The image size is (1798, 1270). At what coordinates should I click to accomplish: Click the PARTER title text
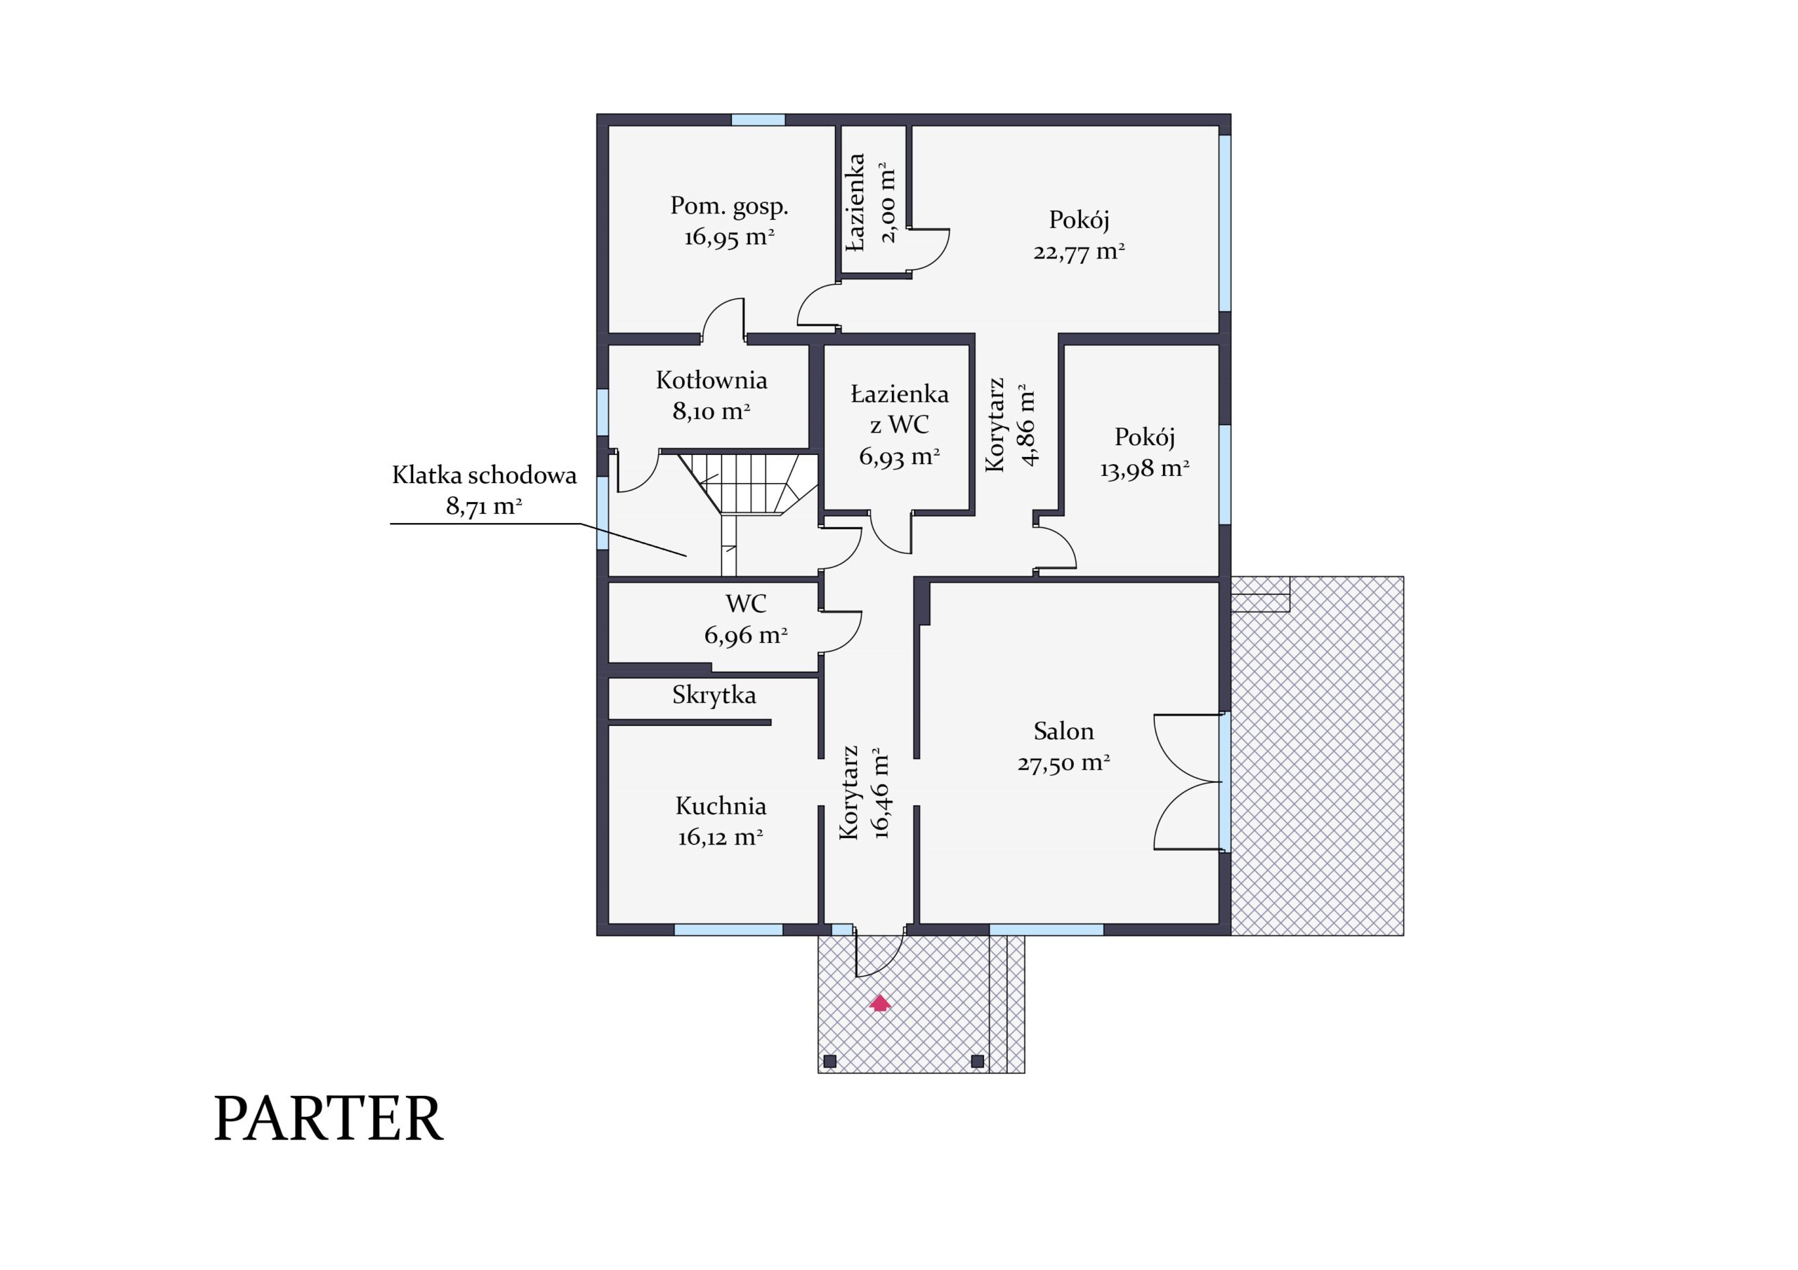coord(329,1119)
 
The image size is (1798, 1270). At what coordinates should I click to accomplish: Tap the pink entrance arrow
coord(880,1003)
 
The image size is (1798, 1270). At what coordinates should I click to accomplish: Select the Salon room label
coord(1063,732)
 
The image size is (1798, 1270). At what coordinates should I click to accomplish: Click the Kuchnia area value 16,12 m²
coord(721,837)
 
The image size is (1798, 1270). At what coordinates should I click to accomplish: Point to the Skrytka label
coord(714,695)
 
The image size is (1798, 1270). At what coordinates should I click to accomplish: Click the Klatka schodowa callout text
coord(484,490)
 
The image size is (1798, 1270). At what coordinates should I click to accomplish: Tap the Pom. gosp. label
coord(729,206)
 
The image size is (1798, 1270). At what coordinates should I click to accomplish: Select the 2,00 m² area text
coord(888,202)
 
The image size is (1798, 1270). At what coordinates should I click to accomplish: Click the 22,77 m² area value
coord(1079,251)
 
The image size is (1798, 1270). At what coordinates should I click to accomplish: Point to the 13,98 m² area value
coord(1145,469)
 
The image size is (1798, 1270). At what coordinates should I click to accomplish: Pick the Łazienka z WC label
coord(900,409)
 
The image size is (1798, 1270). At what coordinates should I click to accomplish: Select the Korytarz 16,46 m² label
coord(865,793)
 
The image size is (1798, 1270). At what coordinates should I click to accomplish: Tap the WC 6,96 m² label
coord(745,619)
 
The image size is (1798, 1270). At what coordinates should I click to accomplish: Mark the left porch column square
coord(830,1061)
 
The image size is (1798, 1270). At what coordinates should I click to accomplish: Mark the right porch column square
coord(977,1061)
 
